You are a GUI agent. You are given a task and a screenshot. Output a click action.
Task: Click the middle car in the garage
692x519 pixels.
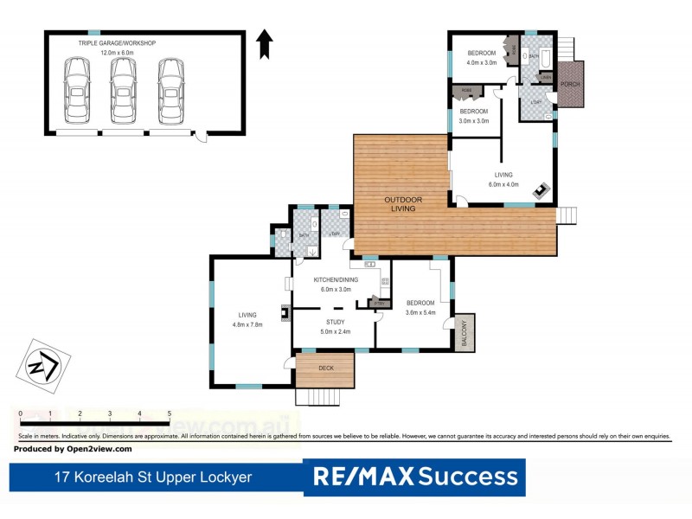tap(124, 90)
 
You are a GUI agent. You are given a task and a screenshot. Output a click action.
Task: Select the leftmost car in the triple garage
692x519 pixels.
tap(76, 90)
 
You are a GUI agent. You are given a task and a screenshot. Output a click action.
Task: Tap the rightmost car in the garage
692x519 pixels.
tap(170, 90)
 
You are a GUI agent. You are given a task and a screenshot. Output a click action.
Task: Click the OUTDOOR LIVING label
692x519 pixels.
tap(403, 204)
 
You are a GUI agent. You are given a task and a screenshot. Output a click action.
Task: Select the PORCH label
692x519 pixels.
tap(569, 84)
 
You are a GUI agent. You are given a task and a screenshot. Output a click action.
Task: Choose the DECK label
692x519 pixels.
tap(325, 368)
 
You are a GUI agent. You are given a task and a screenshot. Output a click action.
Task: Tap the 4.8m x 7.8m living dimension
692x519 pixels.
tap(247, 324)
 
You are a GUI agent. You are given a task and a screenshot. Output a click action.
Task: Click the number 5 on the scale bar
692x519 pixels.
tap(169, 414)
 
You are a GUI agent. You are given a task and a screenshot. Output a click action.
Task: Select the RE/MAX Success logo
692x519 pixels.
tap(414, 476)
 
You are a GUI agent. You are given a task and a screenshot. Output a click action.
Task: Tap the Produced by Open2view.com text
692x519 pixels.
tap(73, 449)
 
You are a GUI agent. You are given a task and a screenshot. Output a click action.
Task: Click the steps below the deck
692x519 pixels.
tap(325, 396)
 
